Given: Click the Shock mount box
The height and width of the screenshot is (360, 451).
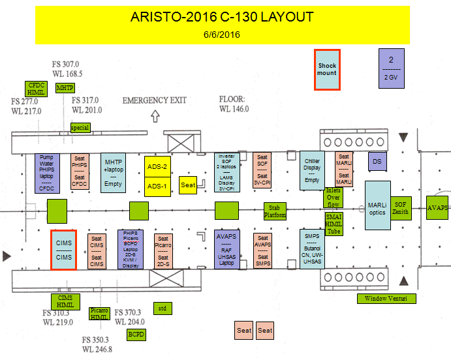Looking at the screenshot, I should (327, 69).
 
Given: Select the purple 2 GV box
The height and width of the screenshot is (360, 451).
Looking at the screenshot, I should (391, 68).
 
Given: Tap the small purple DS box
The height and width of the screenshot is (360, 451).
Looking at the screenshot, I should (375, 160).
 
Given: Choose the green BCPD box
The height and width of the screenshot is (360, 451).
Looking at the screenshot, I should (136, 333).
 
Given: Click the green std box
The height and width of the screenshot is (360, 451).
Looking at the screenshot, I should (162, 308).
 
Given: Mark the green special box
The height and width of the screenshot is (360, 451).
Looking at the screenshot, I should (80, 128).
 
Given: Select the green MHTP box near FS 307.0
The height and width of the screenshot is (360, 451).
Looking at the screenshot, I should (65, 87).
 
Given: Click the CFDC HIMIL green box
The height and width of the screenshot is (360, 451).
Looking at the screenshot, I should (35, 89).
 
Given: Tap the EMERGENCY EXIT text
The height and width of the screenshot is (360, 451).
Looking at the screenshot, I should (154, 100).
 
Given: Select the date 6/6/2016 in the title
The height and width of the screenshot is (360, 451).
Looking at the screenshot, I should (222, 34).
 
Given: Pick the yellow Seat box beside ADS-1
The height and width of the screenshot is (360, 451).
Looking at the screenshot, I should (188, 185).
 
